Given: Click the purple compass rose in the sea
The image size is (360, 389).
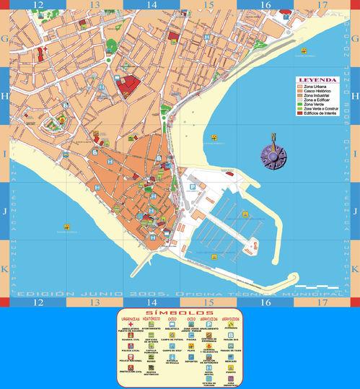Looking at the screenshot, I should [273, 153].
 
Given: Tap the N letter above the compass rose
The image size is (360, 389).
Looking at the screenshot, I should [273, 136].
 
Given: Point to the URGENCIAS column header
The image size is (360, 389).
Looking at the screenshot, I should [131, 318].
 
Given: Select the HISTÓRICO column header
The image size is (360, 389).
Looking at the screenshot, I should [152, 318].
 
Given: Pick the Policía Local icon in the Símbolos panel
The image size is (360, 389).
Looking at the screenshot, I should [131, 345].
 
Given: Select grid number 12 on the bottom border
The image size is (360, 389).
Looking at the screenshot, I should [37, 304].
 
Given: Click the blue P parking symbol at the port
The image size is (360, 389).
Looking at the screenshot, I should [192, 187].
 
